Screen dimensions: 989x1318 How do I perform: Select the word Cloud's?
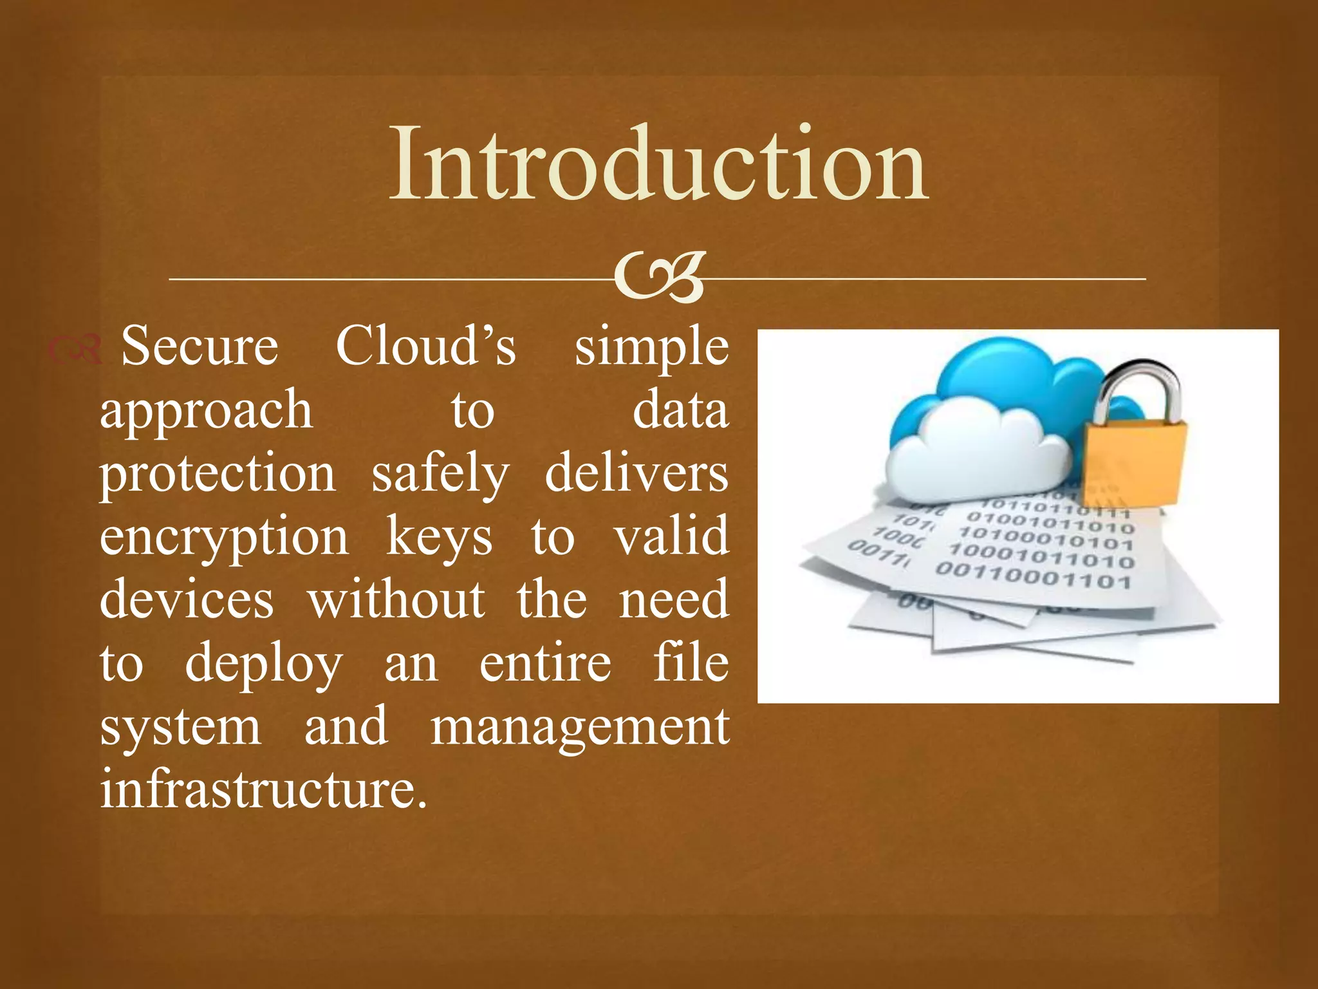(425, 347)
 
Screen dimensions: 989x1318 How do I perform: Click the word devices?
(187, 600)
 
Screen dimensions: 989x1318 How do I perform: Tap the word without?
(396, 600)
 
